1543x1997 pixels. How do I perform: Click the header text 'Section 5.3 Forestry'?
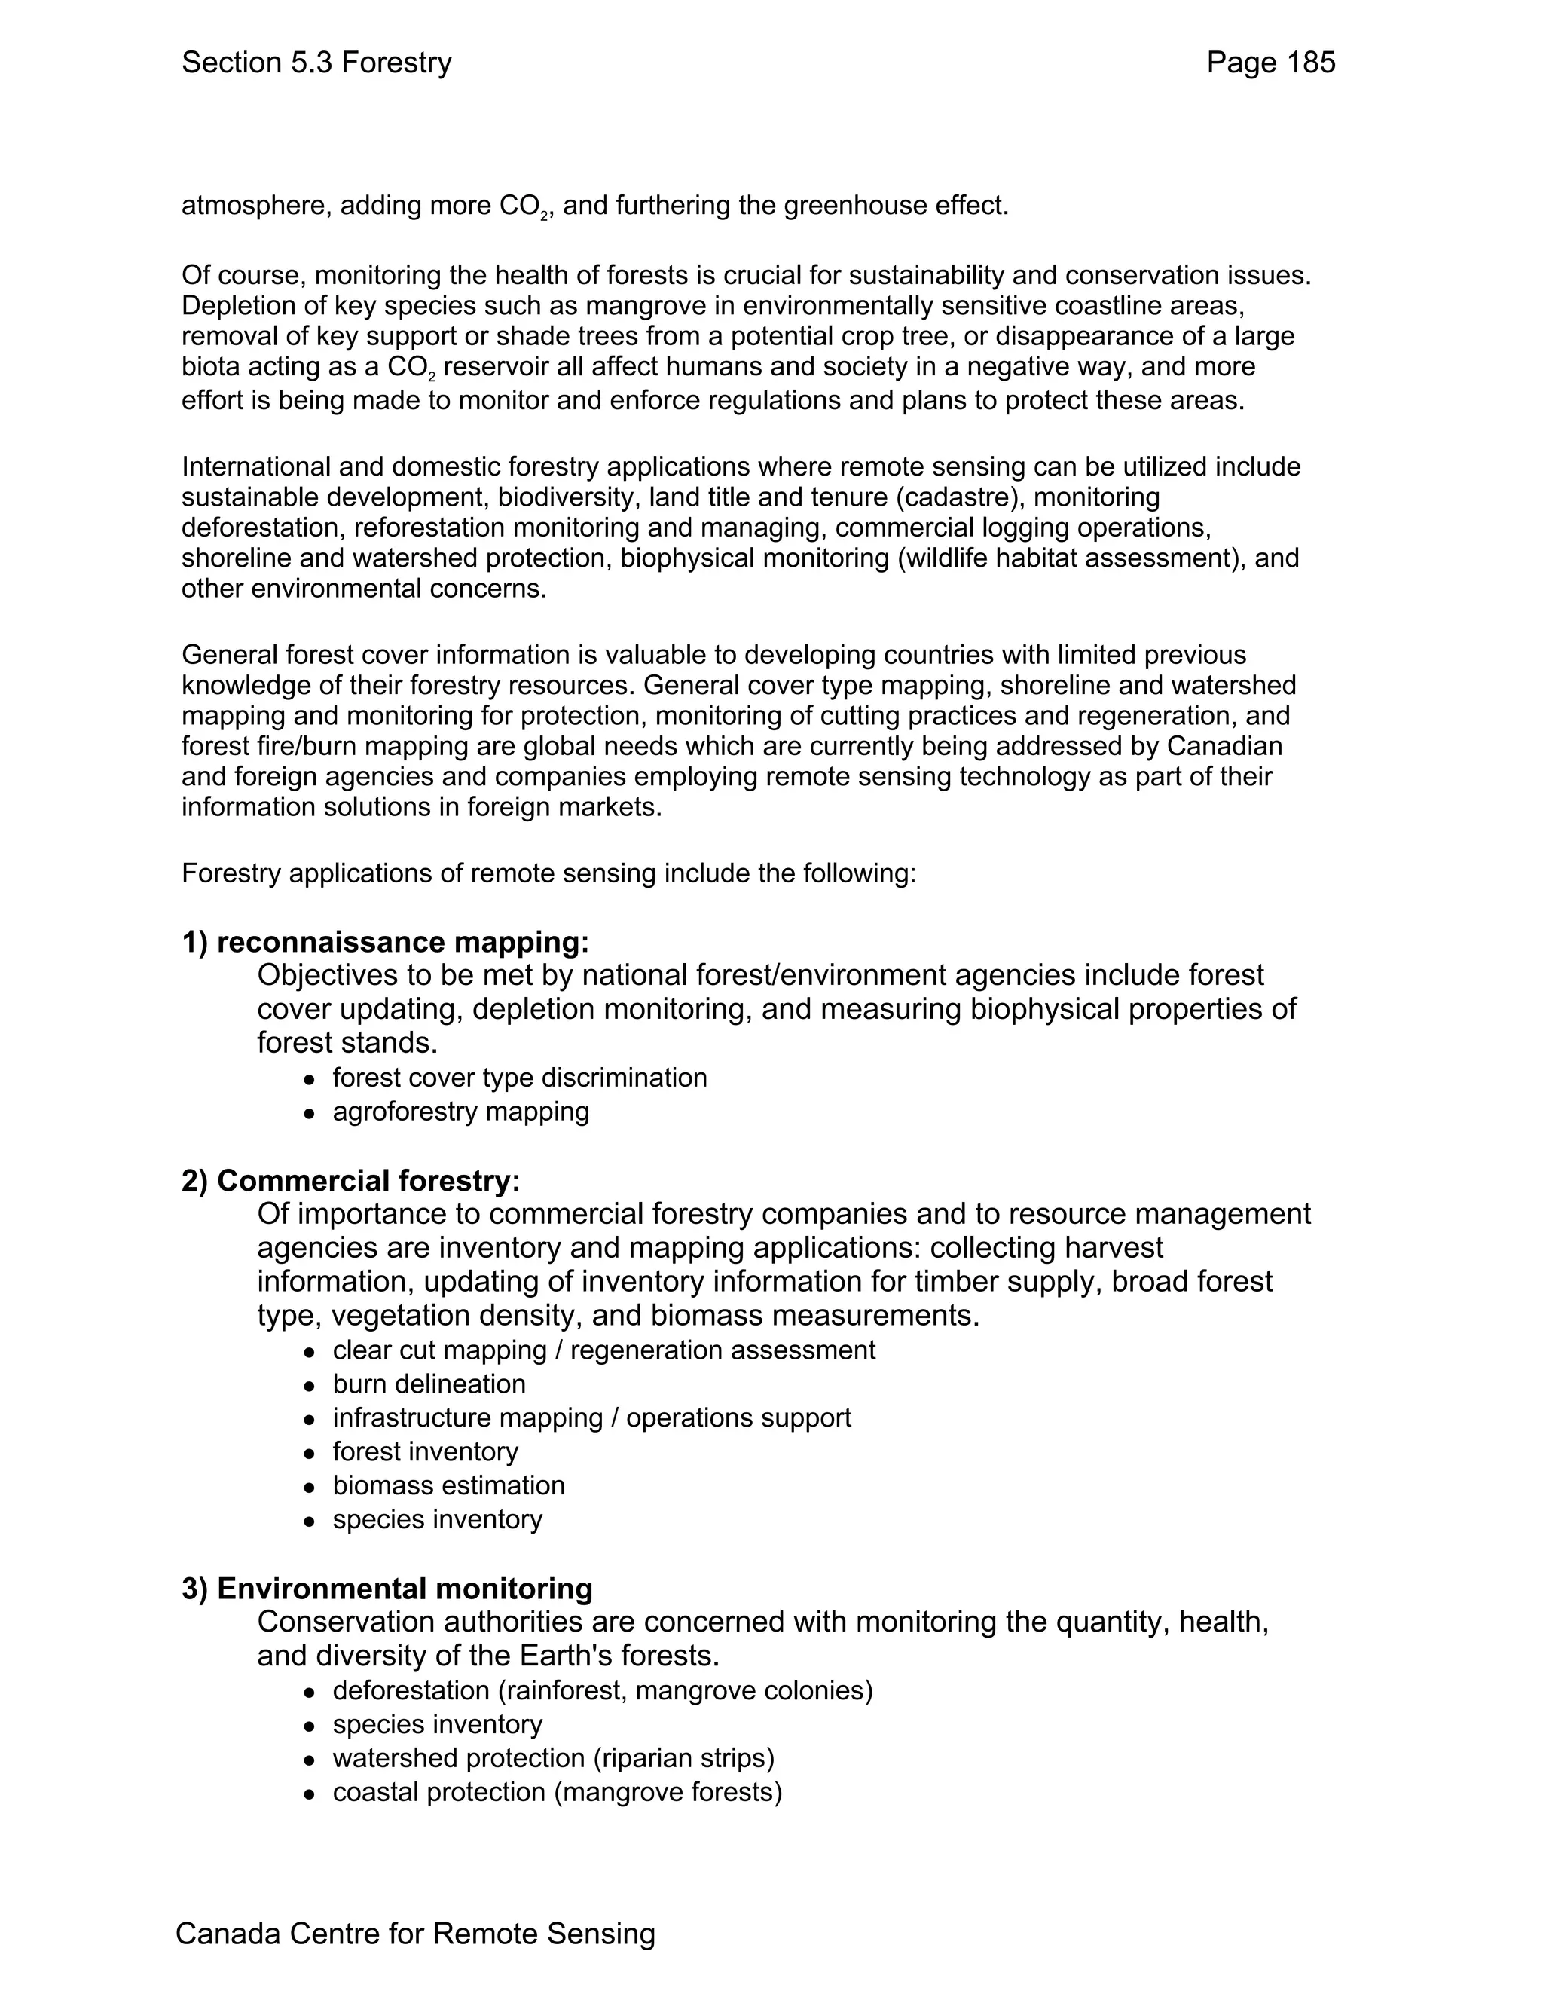point(316,63)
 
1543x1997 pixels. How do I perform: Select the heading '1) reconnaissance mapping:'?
point(385,942)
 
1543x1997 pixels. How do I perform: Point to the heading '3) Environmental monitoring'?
point(387,1589)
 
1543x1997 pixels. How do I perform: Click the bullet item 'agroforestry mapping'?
point(460,1111)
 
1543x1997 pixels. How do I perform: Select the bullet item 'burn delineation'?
point(429,1384)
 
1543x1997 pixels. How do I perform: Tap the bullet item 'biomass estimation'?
point(448,1485)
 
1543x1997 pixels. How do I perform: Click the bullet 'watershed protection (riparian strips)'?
point(553,1757)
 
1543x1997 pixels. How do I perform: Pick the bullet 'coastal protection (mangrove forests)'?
point(557,1791)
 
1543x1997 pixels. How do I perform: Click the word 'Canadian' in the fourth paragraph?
point(1224,746)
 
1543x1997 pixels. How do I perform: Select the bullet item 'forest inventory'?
point(425,1451)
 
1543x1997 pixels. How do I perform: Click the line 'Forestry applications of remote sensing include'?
point(548,873)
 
